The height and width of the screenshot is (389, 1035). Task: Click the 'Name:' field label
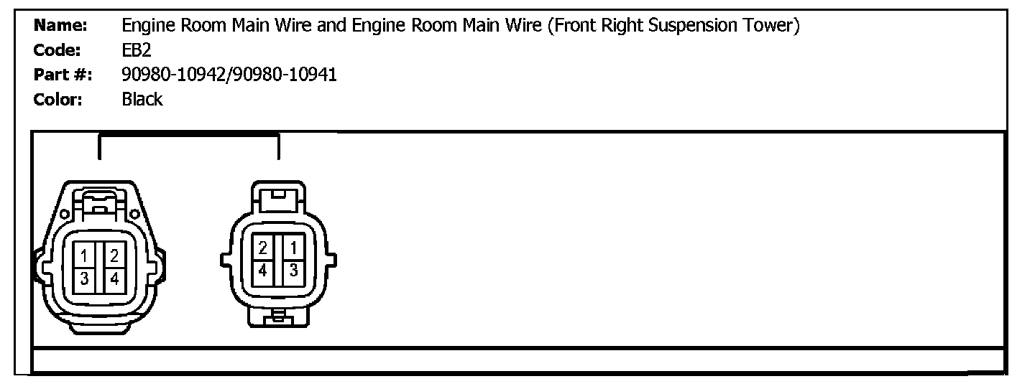[60, 26]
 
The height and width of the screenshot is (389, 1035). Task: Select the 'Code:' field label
[57, 51]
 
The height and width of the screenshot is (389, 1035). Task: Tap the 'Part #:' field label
[63, 75]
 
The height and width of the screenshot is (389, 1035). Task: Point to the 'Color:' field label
[59, 99]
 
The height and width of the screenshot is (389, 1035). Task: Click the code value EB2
[137, 51]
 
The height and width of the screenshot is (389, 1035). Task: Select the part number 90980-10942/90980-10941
[229, 75]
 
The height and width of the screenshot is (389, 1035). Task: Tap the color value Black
[142, 99]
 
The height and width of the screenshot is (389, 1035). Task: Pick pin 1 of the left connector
[84, 255]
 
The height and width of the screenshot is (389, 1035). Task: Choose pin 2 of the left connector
[114, 255]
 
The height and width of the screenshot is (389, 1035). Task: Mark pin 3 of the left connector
[84, 279]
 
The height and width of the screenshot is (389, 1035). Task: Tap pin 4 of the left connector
[114, 279]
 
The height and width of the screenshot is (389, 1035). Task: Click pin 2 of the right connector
[263, 248]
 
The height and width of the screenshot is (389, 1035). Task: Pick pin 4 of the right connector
[263, 271]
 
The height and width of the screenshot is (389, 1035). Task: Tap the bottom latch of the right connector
[277, 316]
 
